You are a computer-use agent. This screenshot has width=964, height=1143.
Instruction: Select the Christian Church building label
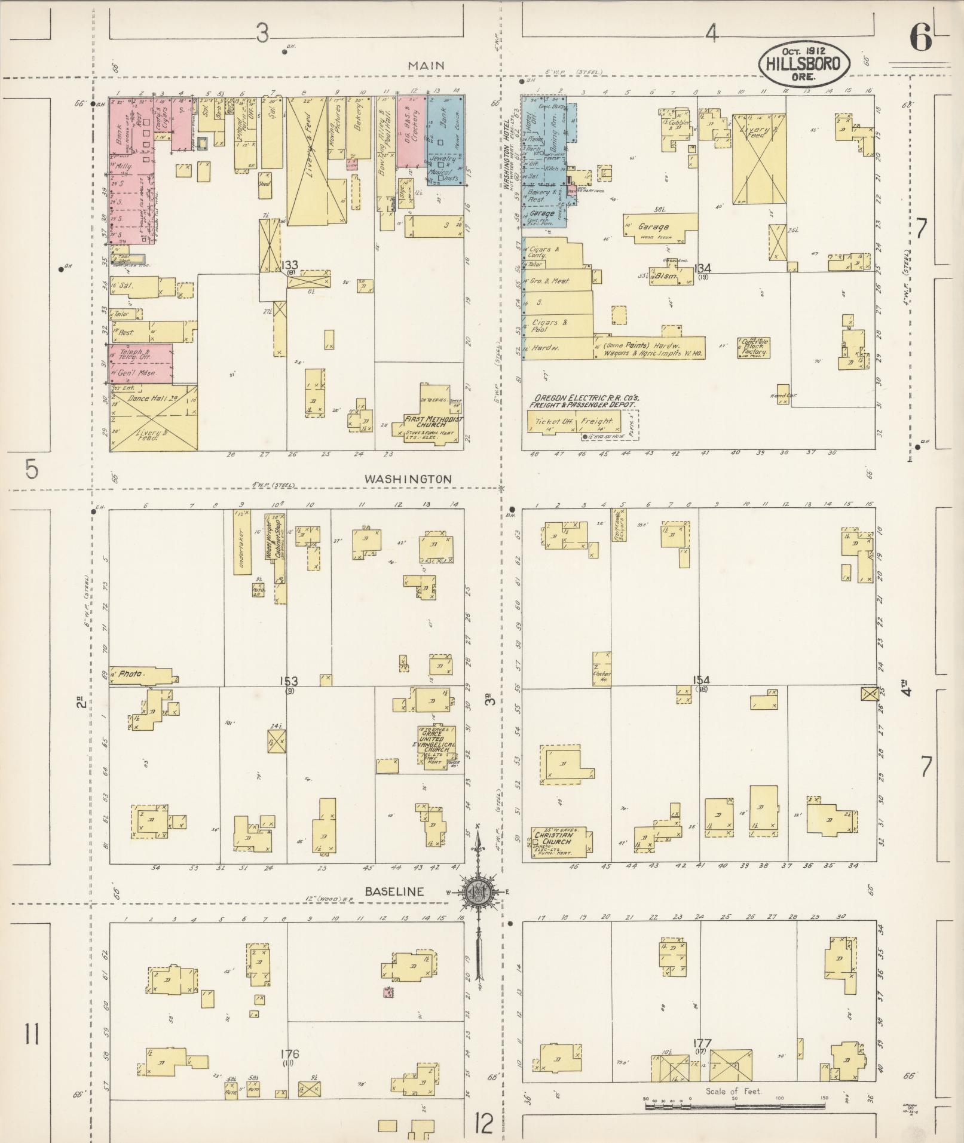(x=553, y=838)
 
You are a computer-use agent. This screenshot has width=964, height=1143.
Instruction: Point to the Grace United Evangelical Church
(x=435, y=744)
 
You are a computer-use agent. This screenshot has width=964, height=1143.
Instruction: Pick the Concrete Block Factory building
(x=755, y=347)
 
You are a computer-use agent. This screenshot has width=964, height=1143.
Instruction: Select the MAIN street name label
(x=426, y=66)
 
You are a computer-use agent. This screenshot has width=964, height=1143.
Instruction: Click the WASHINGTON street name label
(x=408, y=479)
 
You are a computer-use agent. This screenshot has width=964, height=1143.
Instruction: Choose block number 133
(x=290, y=265)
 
